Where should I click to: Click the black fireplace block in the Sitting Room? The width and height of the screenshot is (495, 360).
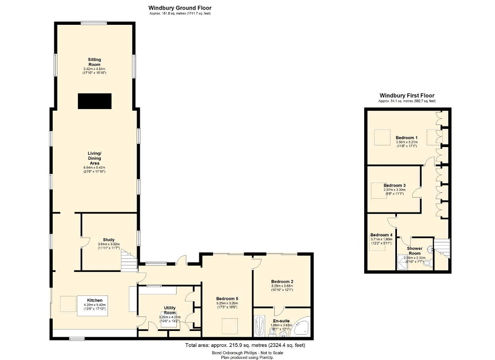coord(95,101)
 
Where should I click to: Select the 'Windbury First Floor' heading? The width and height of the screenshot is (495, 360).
coord(407,95)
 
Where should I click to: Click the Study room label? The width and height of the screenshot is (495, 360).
coord(109,239)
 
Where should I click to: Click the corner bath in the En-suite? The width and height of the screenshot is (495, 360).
coord(303,326)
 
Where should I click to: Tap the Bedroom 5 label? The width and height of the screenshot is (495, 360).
coord(228,299)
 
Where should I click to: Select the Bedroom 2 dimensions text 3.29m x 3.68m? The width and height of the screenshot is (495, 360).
coord(282,286)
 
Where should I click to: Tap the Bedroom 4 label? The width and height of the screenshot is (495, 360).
coord(381,235)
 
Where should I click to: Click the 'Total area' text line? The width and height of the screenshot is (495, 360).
coord(245,346)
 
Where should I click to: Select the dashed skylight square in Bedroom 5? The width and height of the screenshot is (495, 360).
coord(228,327)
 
